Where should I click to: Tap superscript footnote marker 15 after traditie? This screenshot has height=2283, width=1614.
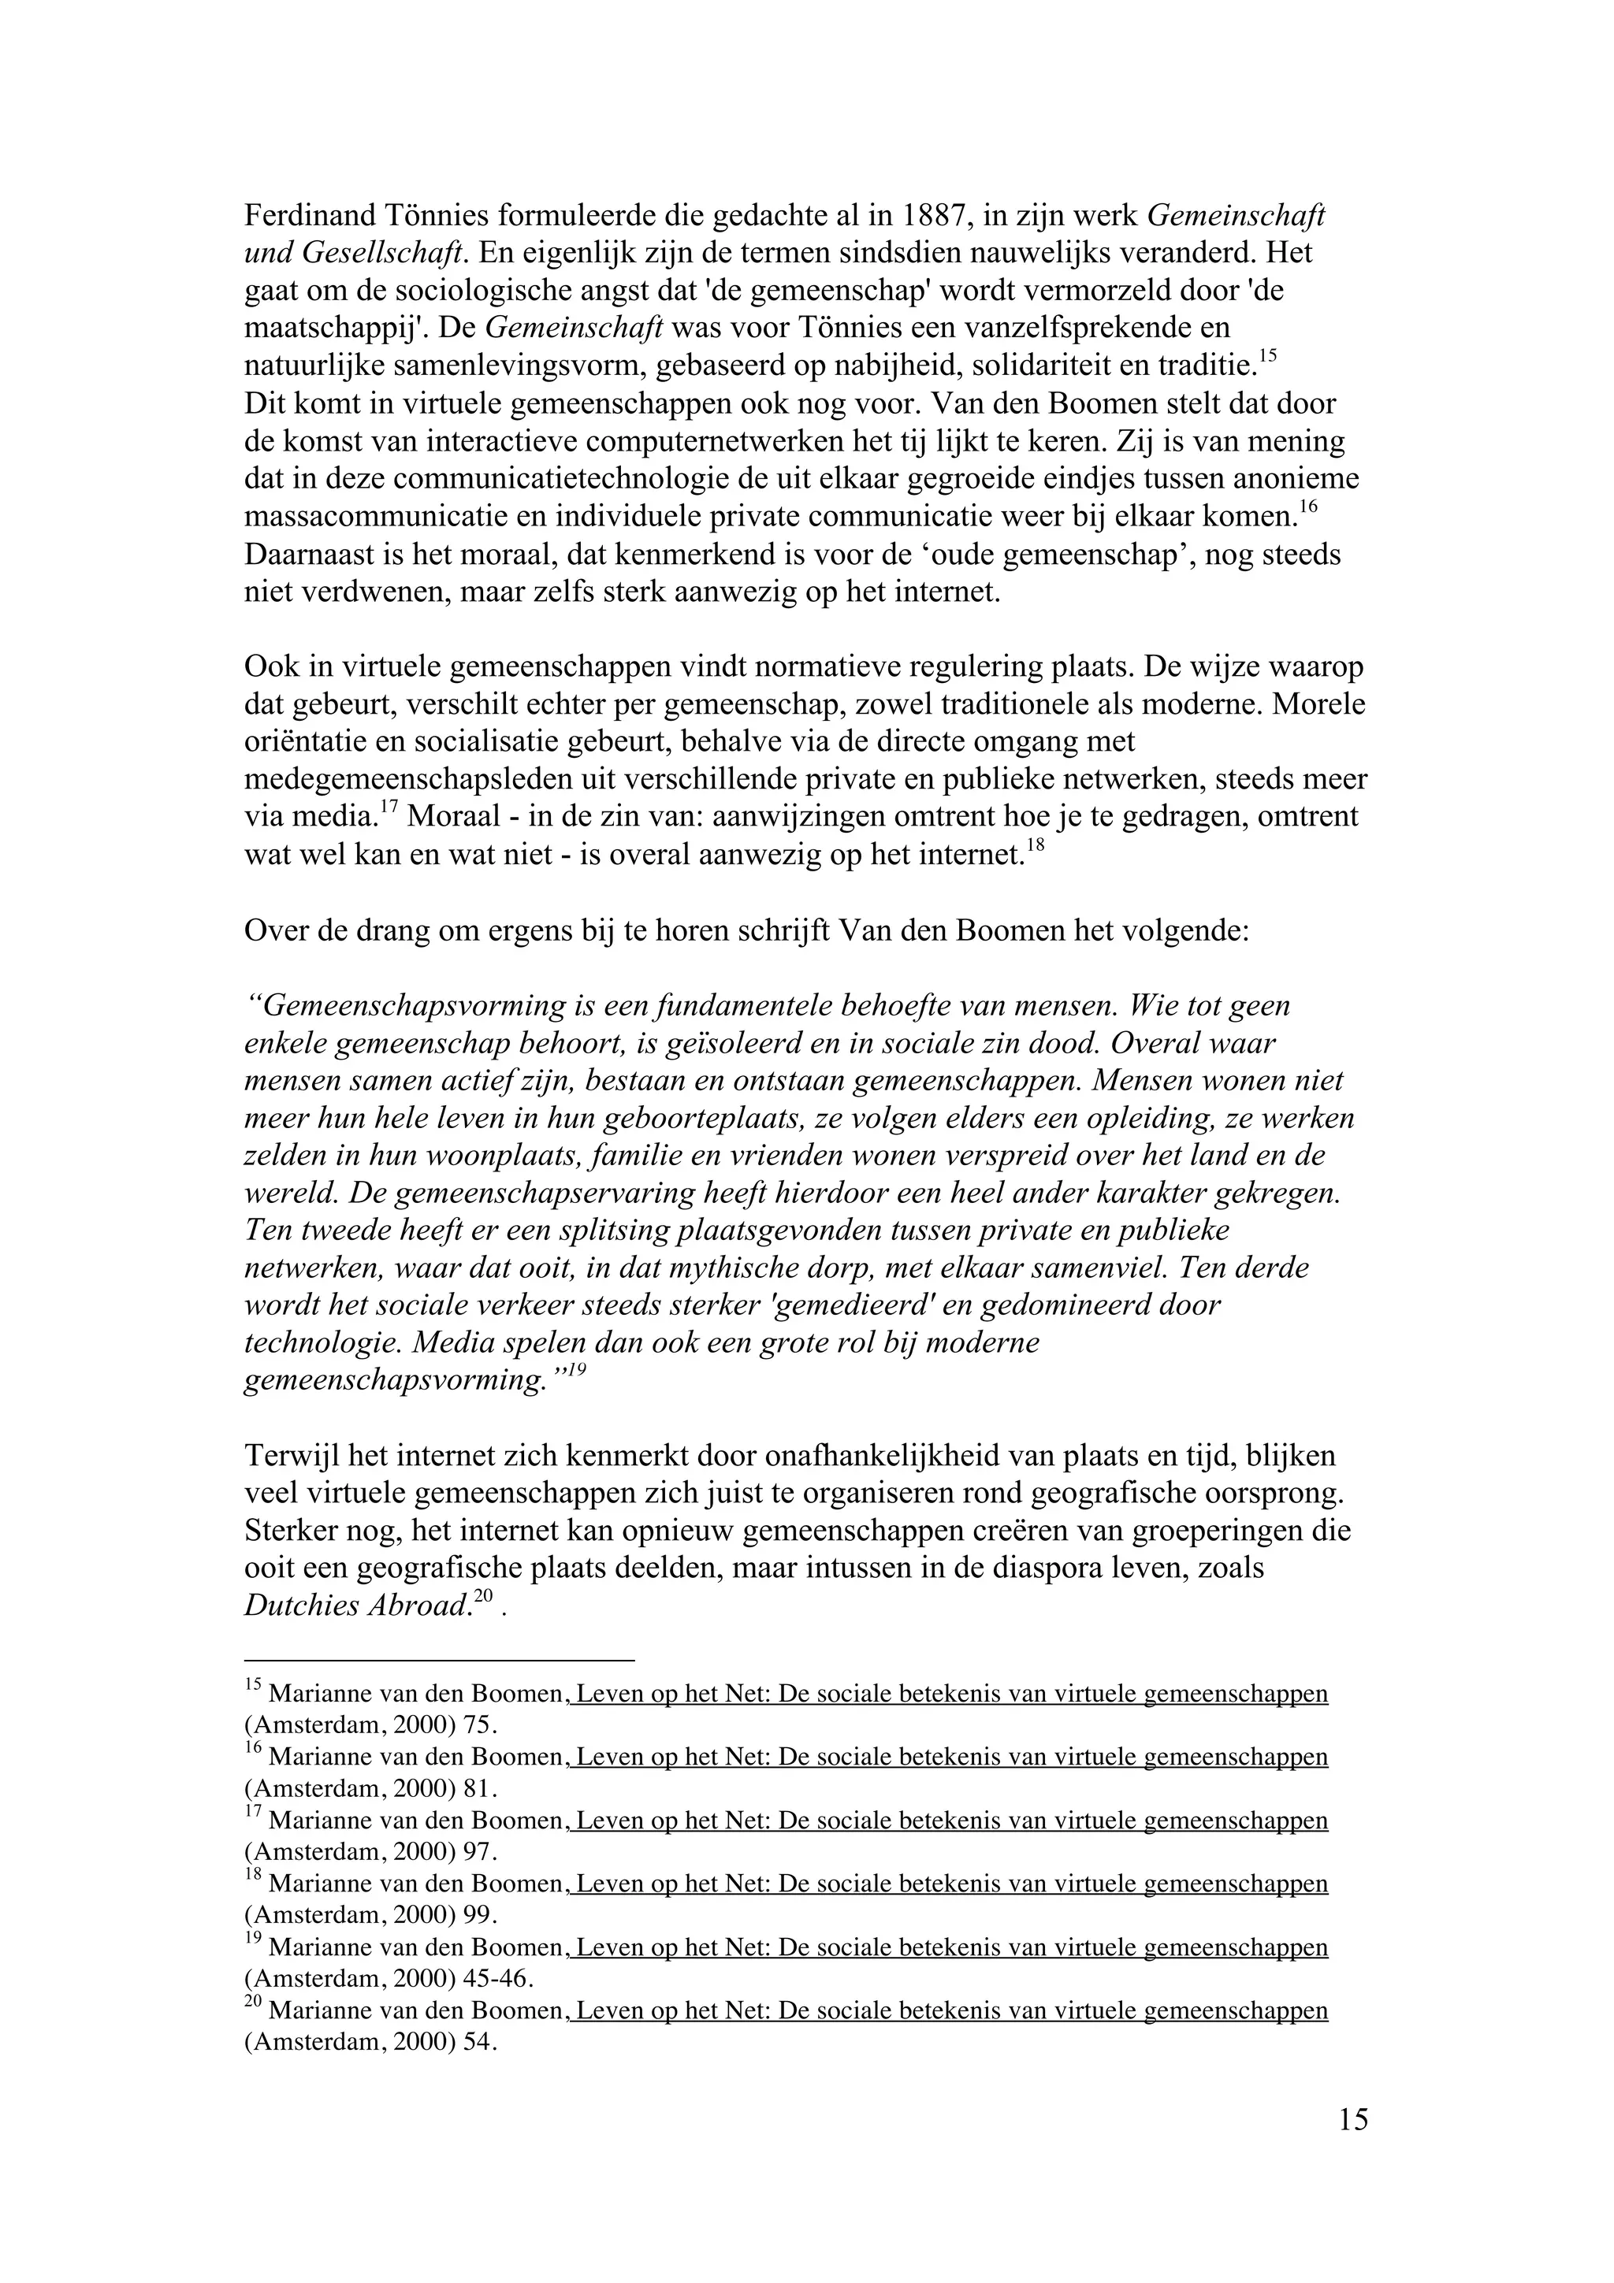pyautogui.click(x=1267, y=356)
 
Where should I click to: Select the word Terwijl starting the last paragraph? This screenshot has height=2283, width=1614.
pyautogui.click(x=293, y=1457)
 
